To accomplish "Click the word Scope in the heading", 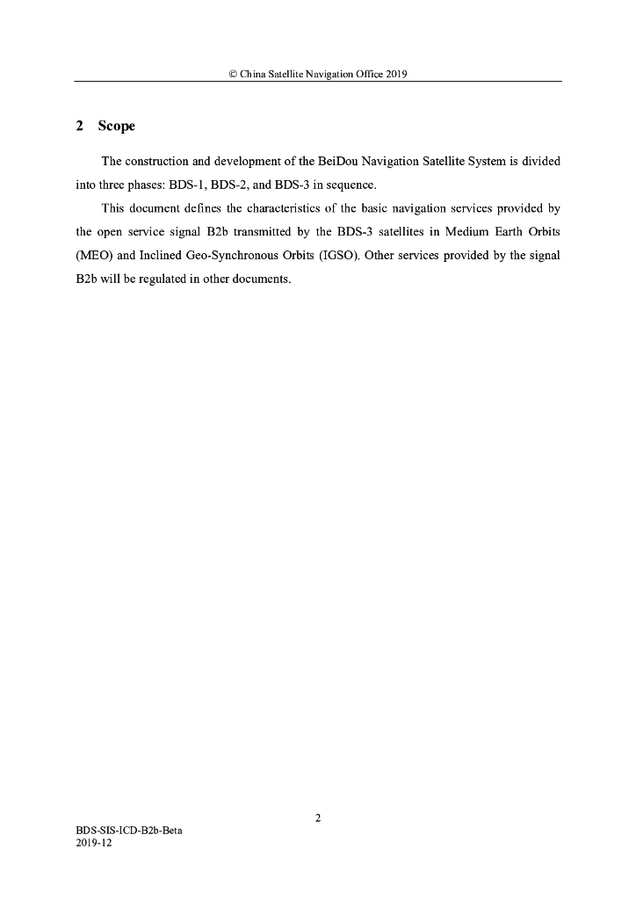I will point(117,127).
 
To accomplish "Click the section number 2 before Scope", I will point(80,127).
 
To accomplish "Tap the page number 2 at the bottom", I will point(318,818).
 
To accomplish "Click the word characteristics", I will point(271,209).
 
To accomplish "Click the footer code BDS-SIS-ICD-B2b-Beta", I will point(129,831).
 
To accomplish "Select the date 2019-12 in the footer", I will point(95,842).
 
